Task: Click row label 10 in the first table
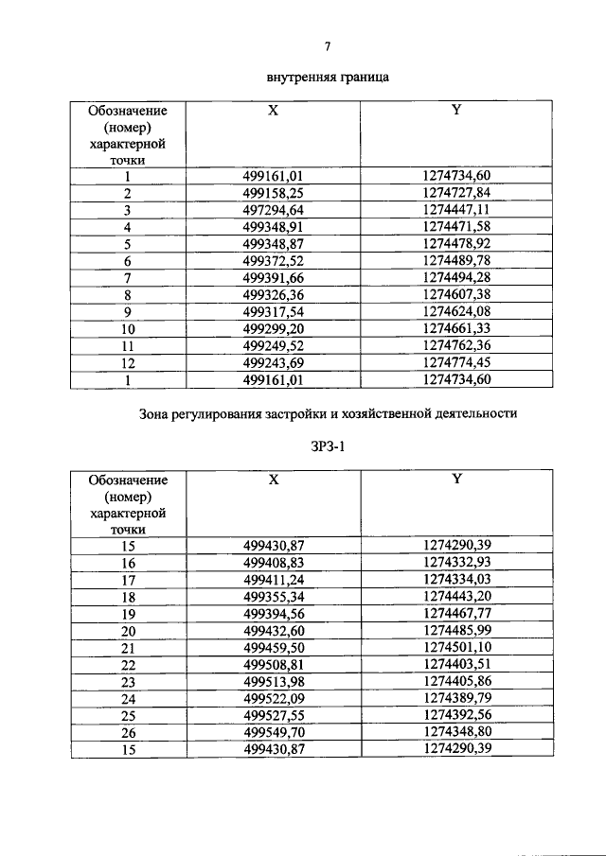click(x=128, y=329)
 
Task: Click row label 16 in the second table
click(x=128, y=564)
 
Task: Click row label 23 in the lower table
click(x=128, y=683)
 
